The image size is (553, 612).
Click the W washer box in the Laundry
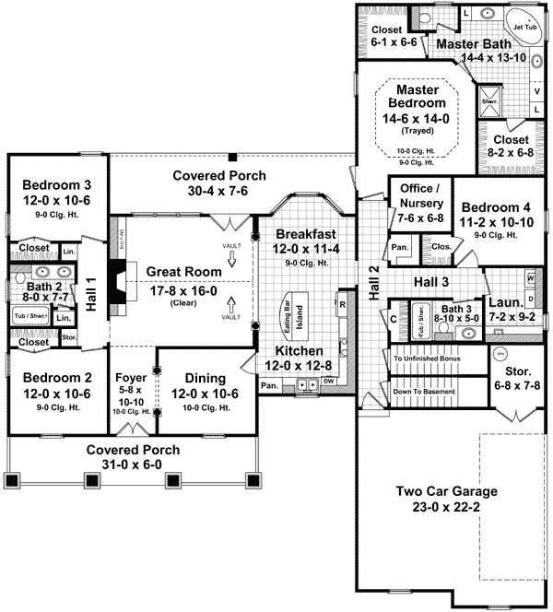pyautogui.click(x=530, y=277)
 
